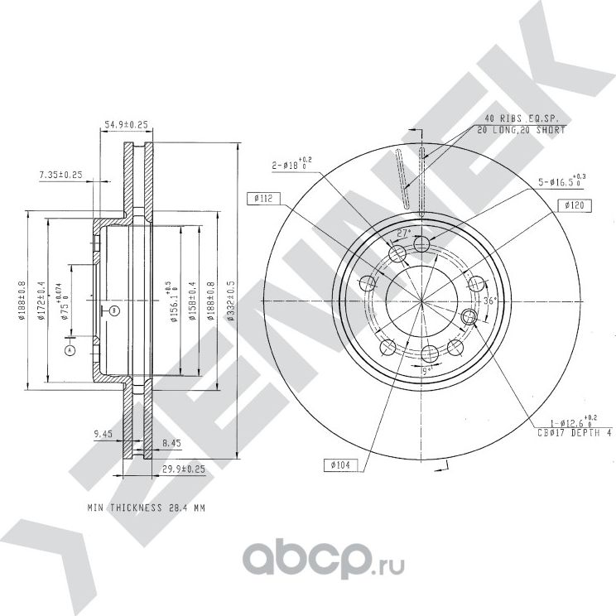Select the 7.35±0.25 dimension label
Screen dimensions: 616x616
60,174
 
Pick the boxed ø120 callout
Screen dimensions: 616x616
573,204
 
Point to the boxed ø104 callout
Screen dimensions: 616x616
340,465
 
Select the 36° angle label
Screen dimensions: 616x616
489,301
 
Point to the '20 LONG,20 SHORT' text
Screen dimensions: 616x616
522,130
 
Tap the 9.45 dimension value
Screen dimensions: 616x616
102,432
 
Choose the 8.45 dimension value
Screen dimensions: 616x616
172,443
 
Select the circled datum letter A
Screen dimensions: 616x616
70,350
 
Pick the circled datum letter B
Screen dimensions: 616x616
114,310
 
